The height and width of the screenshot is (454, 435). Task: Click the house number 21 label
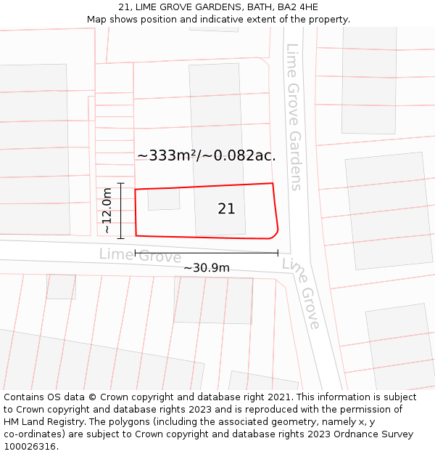pyautogui.click(x=226, y=209)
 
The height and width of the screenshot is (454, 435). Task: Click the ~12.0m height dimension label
pyautogui.click(x=107, y=211)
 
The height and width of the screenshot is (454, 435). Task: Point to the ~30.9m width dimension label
pyautogui.click(x=206, y=267)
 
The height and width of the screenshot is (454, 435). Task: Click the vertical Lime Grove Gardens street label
pyautogui.click(x=294, y=116)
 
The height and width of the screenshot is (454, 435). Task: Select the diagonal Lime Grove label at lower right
pyautogui.click(x=302, y=293)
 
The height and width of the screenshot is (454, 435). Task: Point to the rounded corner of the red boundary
pyautogui.click(x=275, y=233)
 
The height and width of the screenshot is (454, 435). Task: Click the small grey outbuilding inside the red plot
pyautogui.click(x=164, y=199)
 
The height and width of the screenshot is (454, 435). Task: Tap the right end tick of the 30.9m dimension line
pyautogui.click(x=278, y=253)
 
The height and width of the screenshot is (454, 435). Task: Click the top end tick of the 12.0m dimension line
pyautogui.click(x=121, y=184)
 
